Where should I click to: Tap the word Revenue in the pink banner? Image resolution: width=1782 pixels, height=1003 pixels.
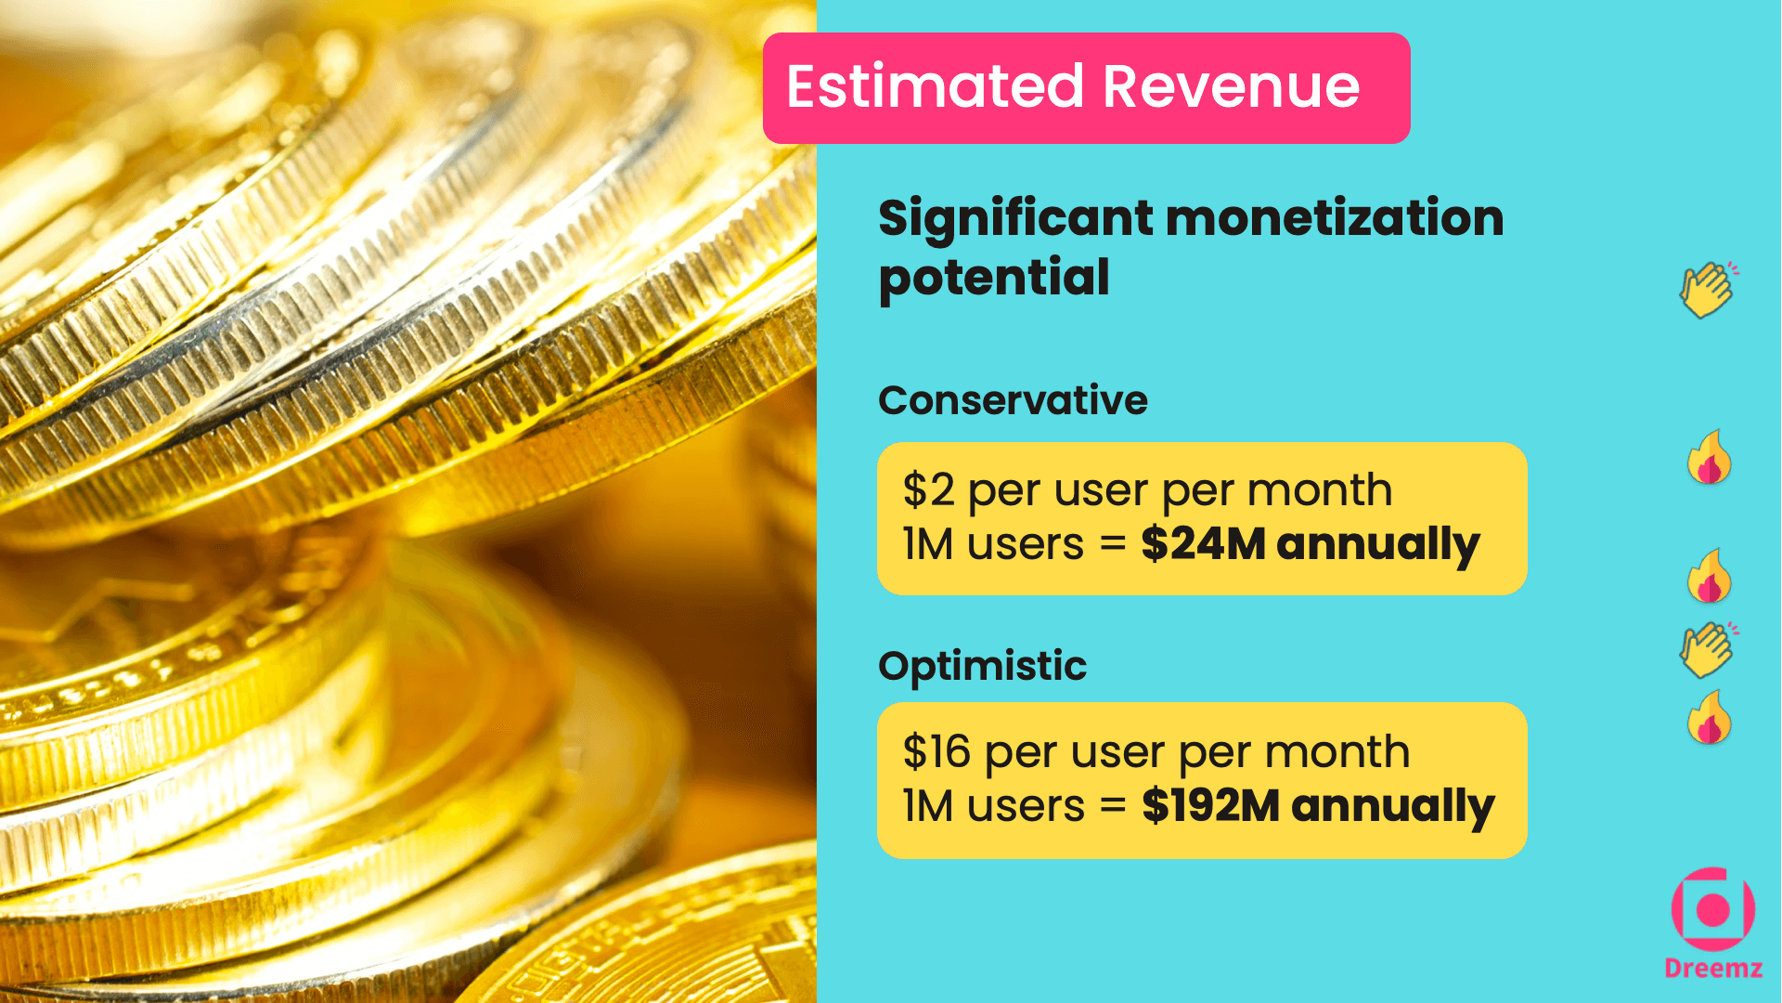point(1232,86)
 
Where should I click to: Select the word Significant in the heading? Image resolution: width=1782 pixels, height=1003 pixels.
point(1015,219)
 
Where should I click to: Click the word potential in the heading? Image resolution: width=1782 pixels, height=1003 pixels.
point(994,278)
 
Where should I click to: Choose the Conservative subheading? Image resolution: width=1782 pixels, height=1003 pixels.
point(1013,400)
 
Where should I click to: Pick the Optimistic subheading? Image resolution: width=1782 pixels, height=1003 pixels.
point(982,666)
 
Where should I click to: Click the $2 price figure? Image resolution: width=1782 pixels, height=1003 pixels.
point(928,490)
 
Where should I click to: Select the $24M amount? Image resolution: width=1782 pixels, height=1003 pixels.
point(1203,544)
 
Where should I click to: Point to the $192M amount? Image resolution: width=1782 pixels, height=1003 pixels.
point(1211,806)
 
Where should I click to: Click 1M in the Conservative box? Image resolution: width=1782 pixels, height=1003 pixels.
point(928,544)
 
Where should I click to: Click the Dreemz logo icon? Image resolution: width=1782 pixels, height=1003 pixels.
point(1712,909)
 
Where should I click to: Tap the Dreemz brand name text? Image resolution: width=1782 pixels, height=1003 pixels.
point(1712,969)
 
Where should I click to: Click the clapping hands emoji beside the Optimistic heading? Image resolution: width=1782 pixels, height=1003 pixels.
point(1708,649)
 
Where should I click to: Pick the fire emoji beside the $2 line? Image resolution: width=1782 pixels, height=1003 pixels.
point(1710,458)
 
